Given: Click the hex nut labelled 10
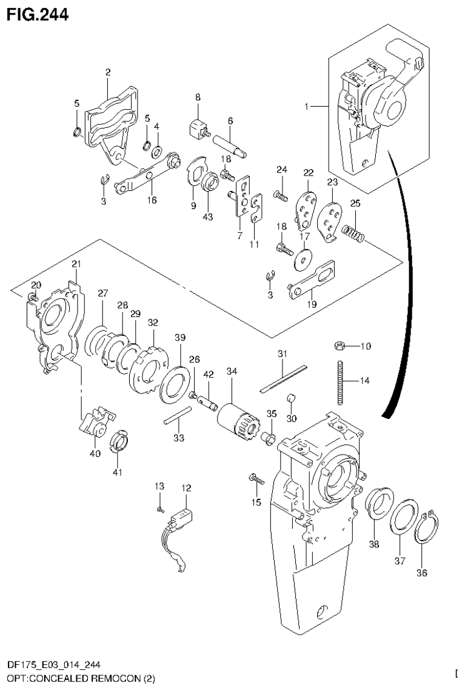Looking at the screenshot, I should pyautogui.click(x=340, y=346).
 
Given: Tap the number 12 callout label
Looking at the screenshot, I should pyautogui.click(x=185, y=487).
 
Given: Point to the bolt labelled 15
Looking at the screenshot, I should pyautogui.click(x=256, y=481).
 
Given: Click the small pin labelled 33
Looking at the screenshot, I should pyautogui.click(x=177, y=419).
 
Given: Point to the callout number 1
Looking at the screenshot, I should pyautogui.click(x=307, y=106).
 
